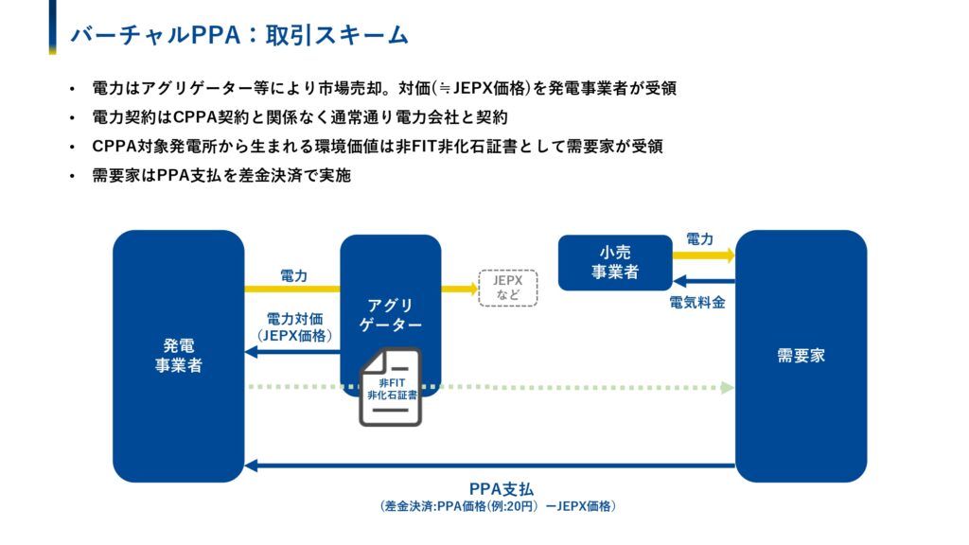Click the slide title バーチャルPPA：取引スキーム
pyautogui.click(x=239, y=35)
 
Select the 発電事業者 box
pyautogui.click(x=178, y=355)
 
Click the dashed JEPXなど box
pyautogui.click(x=508, y=288)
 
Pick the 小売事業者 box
pyautogui.click(x=614, y=262)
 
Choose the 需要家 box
pyautogui.click(x=801, y=355)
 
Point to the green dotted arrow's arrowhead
pyautogui.click(x=727, y=387)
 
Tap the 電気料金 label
pyautogui.click(x=697, y=303)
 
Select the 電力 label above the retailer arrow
pyautogui.click(x=699, y=240)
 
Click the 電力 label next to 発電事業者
pyautogui.click(x=293, y=275)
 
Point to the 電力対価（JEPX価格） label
pyautogui.click(x=293, y=325)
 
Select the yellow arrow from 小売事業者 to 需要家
pyautogui.click(x=704, y=255)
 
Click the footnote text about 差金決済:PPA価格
pyautogui.click(x=497, y=506)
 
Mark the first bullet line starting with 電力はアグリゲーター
pyautogui.click(x=383, y=89)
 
